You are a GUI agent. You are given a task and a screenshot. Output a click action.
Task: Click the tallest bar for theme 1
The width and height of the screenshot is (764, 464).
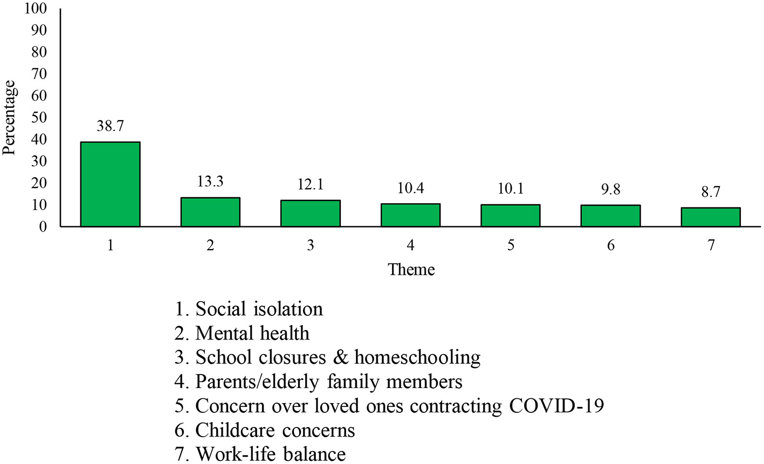coord(110,184)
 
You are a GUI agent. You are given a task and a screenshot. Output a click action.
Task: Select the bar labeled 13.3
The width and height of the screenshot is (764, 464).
coord(210,212)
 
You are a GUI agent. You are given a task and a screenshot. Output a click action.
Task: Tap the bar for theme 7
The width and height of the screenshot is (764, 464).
coord(711,217)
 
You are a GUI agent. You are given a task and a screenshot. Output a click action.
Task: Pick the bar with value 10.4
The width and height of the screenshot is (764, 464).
coord(410,215)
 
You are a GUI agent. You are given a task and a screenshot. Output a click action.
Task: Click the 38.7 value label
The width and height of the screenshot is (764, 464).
coord(110,127)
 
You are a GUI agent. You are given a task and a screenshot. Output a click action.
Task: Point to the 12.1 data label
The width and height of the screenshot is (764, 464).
coord(310,185)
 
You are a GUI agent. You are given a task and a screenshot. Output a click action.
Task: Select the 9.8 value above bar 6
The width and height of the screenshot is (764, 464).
coord(610,190)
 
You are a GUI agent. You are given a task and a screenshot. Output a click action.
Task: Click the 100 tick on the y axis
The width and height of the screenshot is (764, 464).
coord(39,9)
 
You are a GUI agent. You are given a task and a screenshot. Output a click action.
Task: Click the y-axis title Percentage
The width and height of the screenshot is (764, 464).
coord(9,117)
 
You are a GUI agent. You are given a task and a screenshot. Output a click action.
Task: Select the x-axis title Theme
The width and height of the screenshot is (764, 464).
coord(411,269)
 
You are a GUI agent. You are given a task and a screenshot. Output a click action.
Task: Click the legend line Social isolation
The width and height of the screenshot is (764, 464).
coord(249,309)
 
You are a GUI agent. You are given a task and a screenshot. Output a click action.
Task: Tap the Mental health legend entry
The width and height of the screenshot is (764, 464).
coord(242,333)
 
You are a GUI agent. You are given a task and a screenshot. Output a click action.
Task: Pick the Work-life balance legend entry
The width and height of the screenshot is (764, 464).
coord(260,454)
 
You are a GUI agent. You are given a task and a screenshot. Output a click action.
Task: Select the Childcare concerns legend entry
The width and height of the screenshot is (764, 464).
coord(265,430)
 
